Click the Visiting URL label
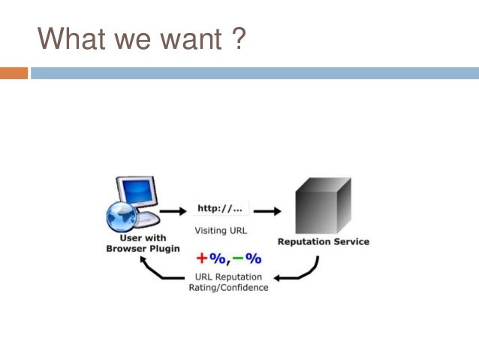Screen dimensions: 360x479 [x=221, y=231]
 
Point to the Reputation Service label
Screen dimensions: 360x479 [x=324, y=242]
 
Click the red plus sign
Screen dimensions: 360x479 [x=201, y=259]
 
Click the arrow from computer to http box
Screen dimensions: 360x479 [x=172, y=210]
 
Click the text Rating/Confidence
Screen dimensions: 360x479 [x=228, y=288]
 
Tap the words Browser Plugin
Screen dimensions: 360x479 [x=143, y=248]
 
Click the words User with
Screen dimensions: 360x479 [x=143, y=237]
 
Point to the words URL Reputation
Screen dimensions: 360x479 [x=227, y=277]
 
